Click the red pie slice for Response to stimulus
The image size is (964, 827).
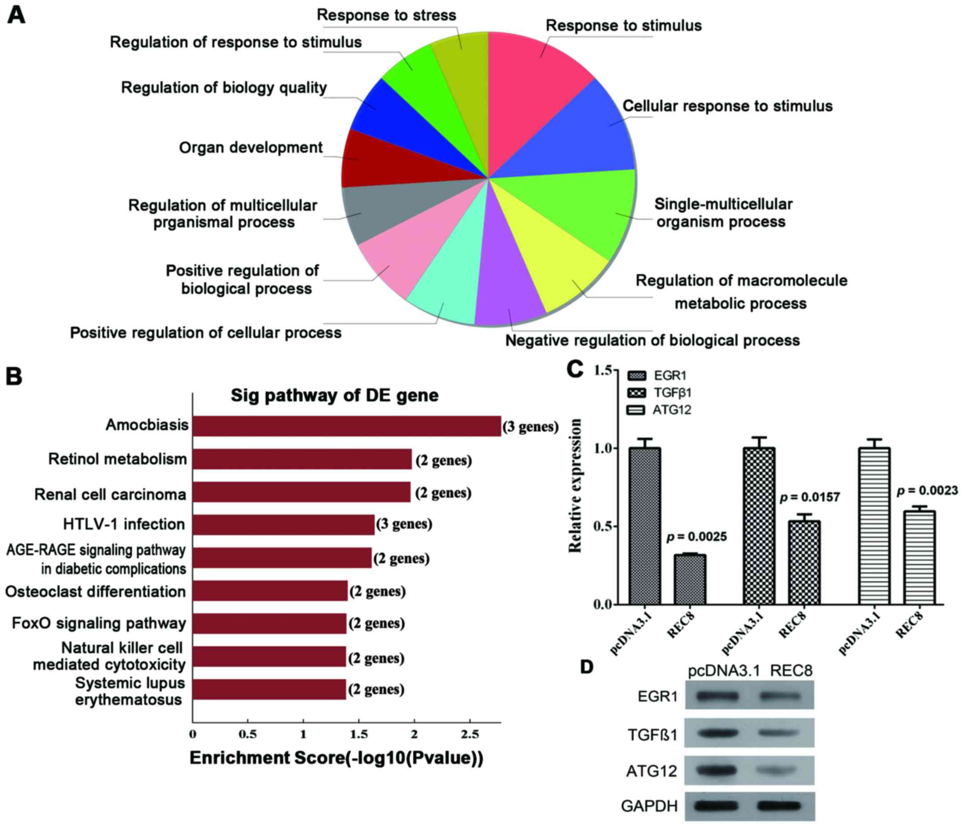[535, 93]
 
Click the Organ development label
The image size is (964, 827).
[251, 148]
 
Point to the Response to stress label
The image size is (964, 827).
[386, 15]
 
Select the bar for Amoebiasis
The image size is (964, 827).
[347, 426]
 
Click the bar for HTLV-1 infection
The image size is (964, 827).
[283, 524]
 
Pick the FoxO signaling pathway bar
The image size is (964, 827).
[269, 623]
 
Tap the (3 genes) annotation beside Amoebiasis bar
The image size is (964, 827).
[530, 427]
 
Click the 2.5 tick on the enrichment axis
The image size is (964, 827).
[469, 735]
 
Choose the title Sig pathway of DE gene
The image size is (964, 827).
[334, 395]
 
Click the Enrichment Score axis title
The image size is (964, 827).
[336, 758]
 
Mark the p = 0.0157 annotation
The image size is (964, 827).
[810, 497]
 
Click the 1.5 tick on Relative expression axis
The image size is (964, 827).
[601, 370]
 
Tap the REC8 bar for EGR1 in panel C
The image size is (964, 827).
[690, 579]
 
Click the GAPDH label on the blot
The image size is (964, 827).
[649, 805]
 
